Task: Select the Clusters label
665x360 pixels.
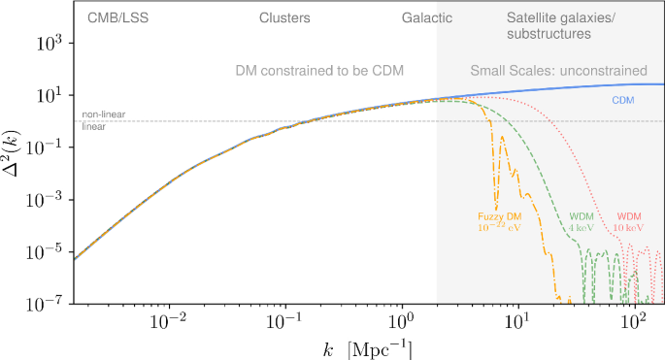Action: [284, 17]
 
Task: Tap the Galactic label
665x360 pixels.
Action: [428, 17]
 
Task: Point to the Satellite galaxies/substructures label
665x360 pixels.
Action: [549, 25]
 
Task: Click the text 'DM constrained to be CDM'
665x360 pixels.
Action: [319, 70]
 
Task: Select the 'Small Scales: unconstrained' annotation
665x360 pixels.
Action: [558, 70]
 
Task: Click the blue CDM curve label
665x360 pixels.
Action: [622, 100]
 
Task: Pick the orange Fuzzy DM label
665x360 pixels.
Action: [499, 221]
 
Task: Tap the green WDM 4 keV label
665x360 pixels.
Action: [581, 220]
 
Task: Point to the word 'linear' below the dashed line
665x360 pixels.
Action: [93, 127]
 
